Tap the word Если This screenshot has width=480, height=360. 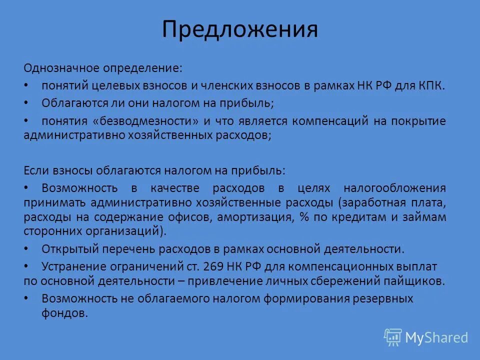point(35,170)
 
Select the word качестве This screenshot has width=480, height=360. point(174,188)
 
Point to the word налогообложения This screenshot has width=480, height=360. point(394,188)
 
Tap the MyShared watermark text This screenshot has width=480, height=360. point(436,337)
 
